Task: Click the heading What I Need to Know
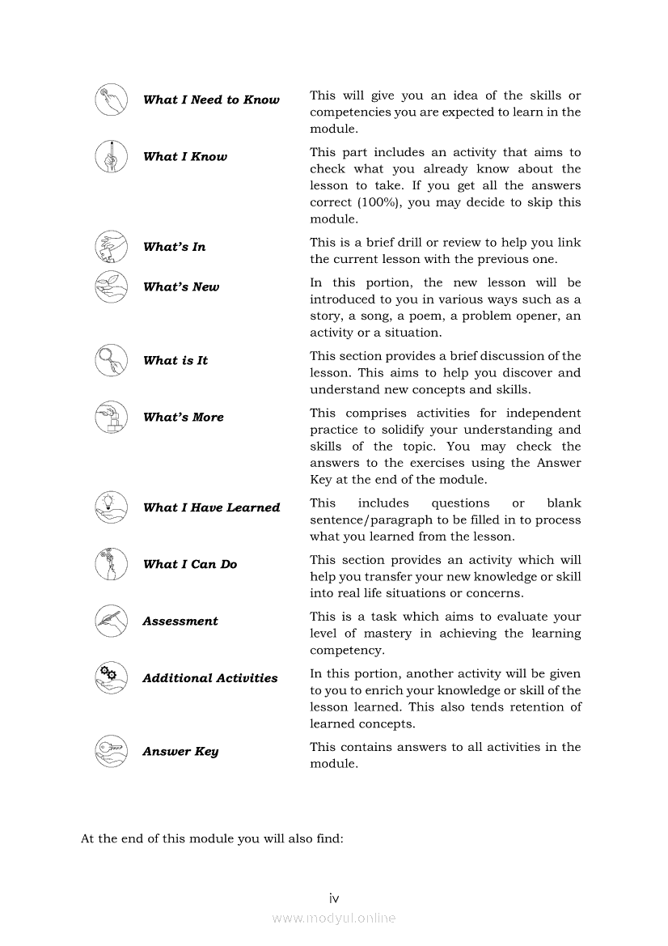click(x=211, y=100)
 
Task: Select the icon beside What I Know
click(x=111, y=156)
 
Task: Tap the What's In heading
click(x=174, y=247)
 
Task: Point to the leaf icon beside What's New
click(x=111, y=286)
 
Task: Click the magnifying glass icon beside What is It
click(x=111, y=360)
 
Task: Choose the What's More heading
click(x=183, y=418)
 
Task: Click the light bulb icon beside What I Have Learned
click(x=111, y=507)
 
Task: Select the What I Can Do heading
click(x=189, y=565)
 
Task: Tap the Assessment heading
click(x=180, y=621)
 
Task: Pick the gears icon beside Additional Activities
click(x=111, y=678)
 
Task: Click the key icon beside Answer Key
click(x=111, y=751)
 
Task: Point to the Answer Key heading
click(x=180, y=752)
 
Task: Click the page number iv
click(x=334, y=898)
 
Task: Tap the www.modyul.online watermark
click(x=334, y=918)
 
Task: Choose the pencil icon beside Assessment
click(x=111, y=621)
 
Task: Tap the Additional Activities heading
click(x=209, y=679)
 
